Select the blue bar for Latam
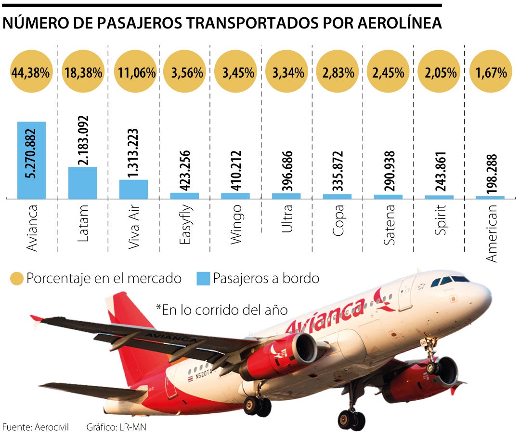point(83,183)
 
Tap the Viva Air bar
point(133,189)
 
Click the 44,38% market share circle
point(31,73)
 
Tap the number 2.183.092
point(83,140)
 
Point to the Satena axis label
point(389,225)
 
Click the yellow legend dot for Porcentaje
point(17,279)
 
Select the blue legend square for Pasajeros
point(203,279)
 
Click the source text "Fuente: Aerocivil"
point(36,427)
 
